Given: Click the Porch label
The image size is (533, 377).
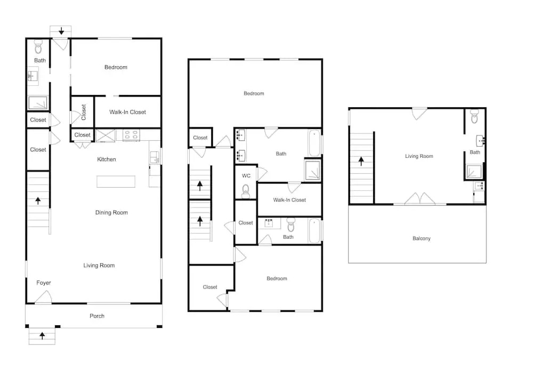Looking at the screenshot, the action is [97, 316].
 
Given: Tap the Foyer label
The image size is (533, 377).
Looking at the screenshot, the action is [44, 283].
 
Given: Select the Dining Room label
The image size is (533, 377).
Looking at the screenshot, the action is [111, 212].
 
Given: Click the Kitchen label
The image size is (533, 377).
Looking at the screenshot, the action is [107, 159].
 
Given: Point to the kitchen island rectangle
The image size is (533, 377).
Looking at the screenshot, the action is [116, 181].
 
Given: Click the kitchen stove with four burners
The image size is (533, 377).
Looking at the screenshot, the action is [131, 135].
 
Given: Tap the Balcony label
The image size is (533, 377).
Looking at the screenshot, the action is [422, 238].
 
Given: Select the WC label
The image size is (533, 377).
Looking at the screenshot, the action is [246, 176].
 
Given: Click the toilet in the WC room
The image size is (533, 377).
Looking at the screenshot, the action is [245, 191].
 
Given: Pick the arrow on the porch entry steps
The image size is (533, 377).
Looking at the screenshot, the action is [42, 336].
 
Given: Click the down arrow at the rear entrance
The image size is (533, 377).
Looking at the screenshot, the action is [61, 31].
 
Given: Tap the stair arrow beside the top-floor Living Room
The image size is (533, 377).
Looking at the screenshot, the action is [361, 161].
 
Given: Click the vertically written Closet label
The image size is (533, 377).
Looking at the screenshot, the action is [83, 112].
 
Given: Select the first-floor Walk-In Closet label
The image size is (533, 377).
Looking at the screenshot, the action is [127, 112].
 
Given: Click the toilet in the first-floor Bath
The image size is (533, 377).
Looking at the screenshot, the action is [38, 47].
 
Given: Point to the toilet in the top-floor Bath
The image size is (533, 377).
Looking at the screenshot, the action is [474, 116].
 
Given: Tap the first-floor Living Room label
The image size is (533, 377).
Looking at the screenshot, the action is [99, 266].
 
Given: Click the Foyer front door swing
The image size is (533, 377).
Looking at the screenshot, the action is [44, 298].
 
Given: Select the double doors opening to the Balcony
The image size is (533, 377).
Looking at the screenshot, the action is [420, 198].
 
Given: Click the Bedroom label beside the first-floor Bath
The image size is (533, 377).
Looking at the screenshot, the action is [116, 67].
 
